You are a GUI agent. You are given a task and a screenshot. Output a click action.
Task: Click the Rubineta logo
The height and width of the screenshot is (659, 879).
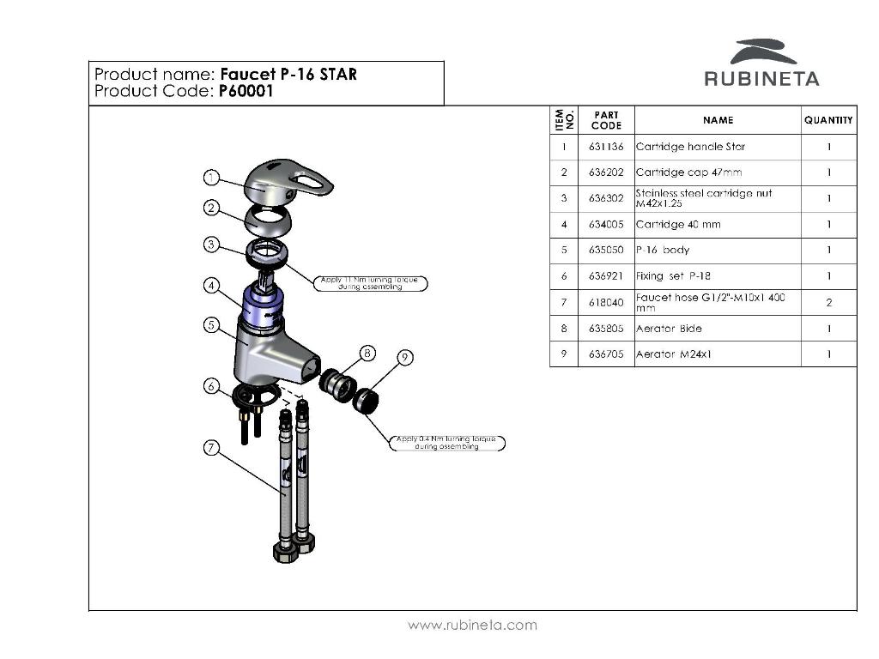pos(761,63)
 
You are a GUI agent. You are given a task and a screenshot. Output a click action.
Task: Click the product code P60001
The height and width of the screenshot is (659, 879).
pos(246,91)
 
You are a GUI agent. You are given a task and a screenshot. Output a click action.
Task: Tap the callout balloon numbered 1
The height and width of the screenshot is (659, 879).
pos(211,178)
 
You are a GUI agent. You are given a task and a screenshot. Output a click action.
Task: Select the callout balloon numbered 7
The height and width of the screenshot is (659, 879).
pos(211,447)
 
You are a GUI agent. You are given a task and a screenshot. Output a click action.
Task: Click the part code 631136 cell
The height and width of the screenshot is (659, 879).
pos(606,147)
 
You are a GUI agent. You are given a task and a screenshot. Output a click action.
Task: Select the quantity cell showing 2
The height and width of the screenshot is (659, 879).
pos(828,303)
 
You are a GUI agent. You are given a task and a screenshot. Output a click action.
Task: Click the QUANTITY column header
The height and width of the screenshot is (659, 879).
pos(828,121)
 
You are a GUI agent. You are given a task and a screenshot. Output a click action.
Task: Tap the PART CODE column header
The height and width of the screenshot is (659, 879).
pos(606,121)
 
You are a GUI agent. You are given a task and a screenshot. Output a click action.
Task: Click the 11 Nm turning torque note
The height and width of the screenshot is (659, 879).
pos(372,283)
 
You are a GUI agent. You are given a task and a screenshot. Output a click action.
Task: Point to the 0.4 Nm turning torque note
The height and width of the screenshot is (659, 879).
pos(446,443)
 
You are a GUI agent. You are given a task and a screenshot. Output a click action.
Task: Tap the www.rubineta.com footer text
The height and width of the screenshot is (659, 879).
pos(472,625)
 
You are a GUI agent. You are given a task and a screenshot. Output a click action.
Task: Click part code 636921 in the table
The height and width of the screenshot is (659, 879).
pos(606,276)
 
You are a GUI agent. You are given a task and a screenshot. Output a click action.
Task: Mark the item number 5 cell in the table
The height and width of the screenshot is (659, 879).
pos(564,251)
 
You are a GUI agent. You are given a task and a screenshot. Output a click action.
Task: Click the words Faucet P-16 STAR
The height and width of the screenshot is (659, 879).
pos(288,74)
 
